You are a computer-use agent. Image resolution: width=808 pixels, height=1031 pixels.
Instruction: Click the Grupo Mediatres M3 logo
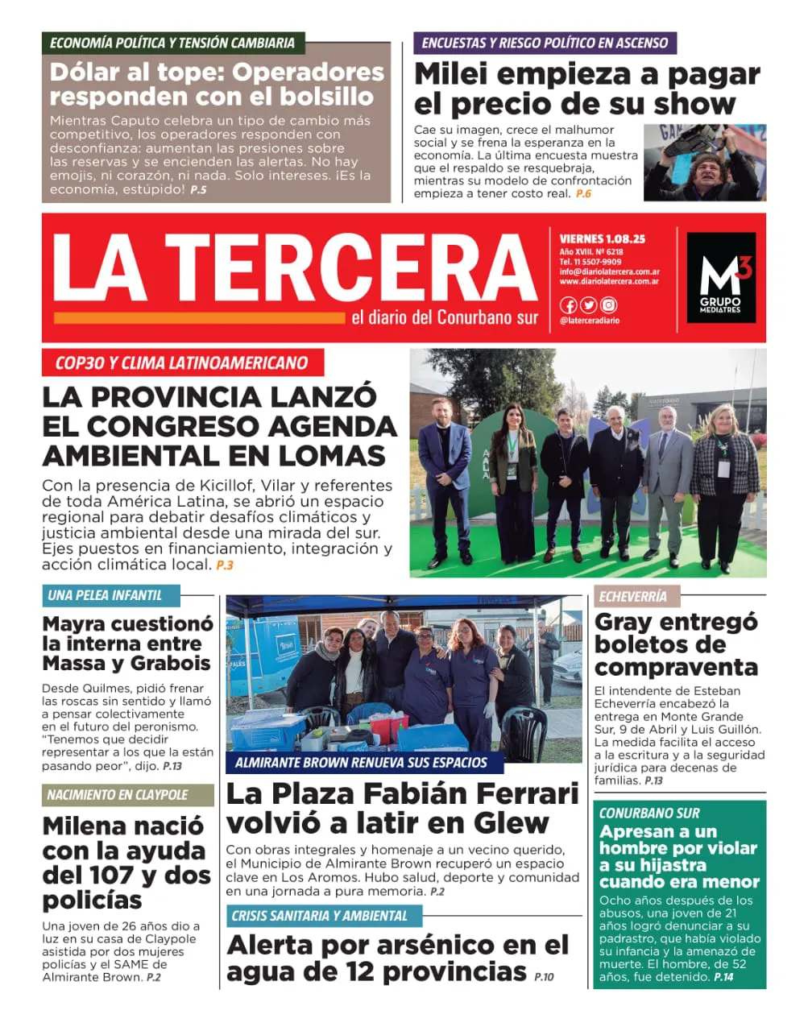click(721, 278)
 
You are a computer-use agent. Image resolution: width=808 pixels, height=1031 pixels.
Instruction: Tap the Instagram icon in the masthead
click(609, 305)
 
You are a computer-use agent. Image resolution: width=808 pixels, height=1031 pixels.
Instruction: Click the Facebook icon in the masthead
click(568, 305)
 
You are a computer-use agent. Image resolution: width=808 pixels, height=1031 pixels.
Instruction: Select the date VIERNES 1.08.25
click(603, 239)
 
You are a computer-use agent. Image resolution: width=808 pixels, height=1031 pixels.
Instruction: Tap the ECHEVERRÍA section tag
click(633, 596)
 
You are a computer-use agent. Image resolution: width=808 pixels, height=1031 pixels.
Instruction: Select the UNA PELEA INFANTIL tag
click(105, 595)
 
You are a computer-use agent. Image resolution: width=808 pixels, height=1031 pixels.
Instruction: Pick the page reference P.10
click(544, 977)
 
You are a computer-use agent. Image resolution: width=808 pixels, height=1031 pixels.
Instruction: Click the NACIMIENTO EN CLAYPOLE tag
click(118, 795)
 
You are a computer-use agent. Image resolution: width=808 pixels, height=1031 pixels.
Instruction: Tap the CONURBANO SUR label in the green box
click(649, 813)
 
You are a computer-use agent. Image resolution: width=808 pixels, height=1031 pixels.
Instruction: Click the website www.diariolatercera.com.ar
click(609, 282)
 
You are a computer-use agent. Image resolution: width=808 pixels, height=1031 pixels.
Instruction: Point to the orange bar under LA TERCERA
click(199, 318)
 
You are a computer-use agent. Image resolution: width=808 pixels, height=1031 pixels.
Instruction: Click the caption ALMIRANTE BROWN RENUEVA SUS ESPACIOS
click(361, 762)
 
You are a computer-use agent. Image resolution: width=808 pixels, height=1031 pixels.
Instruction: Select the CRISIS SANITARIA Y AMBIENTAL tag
click(320, 916)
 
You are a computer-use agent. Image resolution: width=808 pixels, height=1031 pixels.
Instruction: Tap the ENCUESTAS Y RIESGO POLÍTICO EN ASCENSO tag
click(545, 43)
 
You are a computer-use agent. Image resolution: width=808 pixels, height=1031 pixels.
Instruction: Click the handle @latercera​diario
click(590, 321)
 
